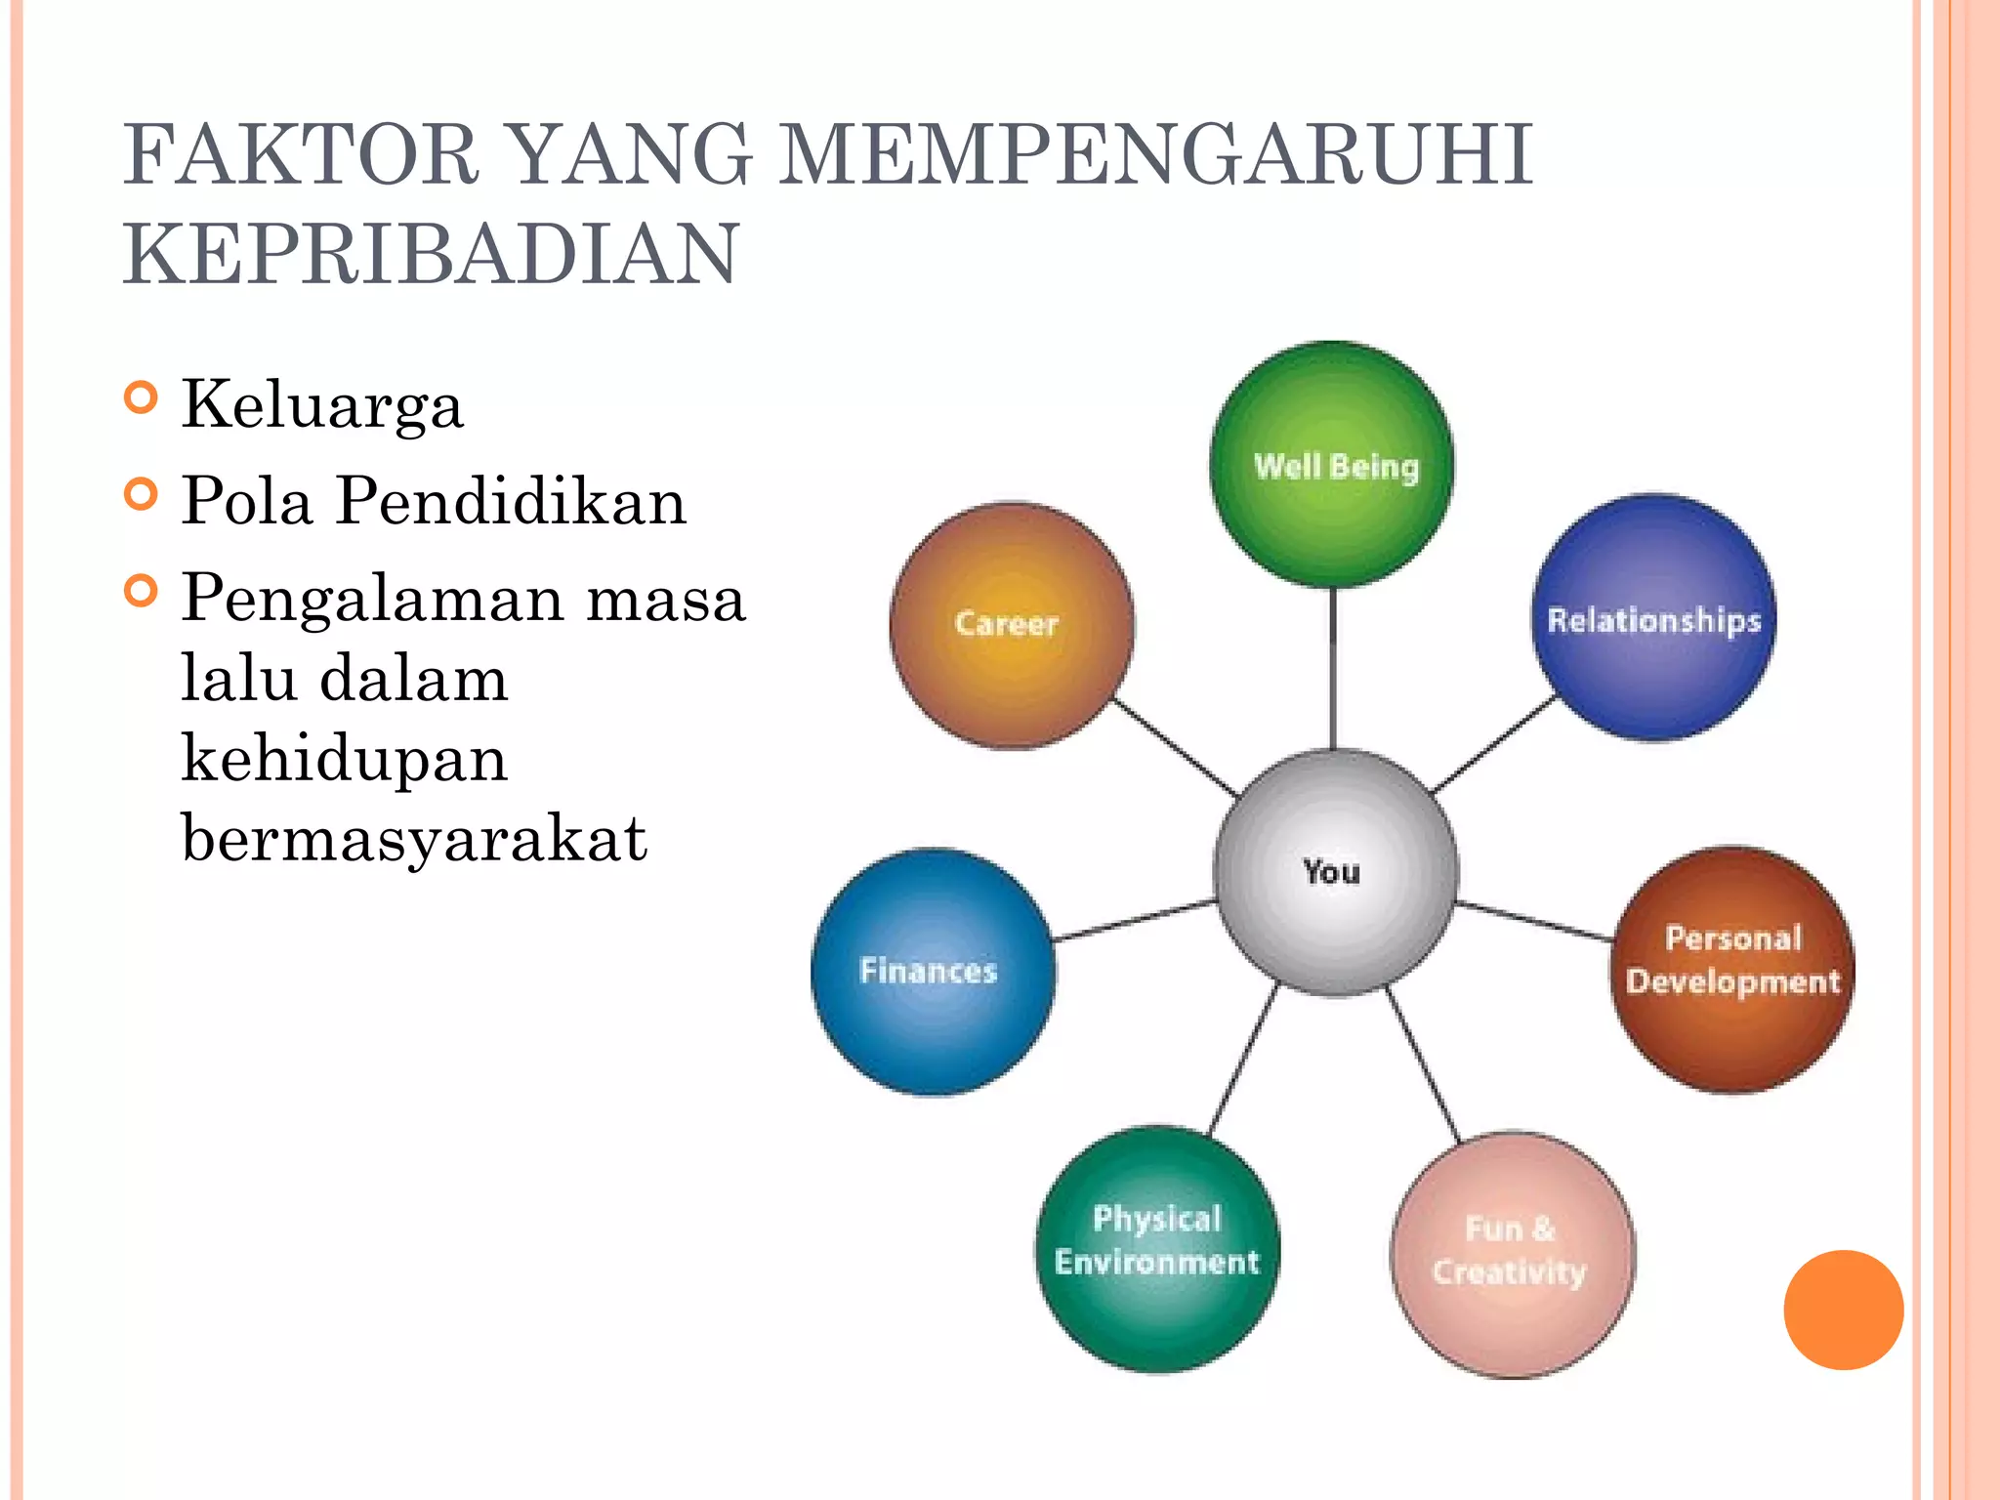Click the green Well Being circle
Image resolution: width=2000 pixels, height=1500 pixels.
1332,465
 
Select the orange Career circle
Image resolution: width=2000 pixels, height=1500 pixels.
1012,625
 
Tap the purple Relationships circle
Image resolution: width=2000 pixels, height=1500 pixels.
1653,618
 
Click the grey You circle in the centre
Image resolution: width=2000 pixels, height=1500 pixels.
1335,871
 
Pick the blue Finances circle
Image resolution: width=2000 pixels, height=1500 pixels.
933,972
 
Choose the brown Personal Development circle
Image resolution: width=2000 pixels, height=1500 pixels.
1732,969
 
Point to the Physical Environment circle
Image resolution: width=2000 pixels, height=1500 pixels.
1157,1249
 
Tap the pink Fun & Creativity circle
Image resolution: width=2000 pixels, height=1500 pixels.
1512,1255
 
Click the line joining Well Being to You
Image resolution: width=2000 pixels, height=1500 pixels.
1333,669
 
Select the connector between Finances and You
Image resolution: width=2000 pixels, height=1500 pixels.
1135,921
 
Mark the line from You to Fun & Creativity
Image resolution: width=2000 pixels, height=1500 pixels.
1424,1064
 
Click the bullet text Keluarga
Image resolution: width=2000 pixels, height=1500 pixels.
322,404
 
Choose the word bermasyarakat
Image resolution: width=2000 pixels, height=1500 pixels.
414,838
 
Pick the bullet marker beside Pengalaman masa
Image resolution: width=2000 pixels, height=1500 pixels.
142,591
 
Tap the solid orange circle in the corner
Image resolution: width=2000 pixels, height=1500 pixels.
1843,1310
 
